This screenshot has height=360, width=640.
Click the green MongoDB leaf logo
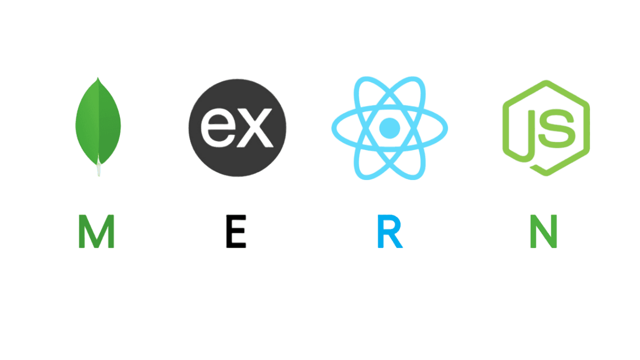coord(98,122)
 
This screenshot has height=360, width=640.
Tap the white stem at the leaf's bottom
coord(98,170)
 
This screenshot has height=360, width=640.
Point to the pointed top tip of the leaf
coord(98,78)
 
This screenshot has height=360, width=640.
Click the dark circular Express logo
coord(237,127)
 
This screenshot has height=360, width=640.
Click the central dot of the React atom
coord(389,128)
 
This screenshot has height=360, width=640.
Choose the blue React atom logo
coord(389,128)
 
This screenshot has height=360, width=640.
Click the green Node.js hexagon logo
coord(546,127)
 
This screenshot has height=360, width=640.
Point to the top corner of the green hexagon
coord(546,81)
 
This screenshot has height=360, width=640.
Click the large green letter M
coord(96,231)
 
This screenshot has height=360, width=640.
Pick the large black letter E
coord(236,231)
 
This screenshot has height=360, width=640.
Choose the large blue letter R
coord(389,231)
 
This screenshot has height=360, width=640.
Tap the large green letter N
coord(543,231)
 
